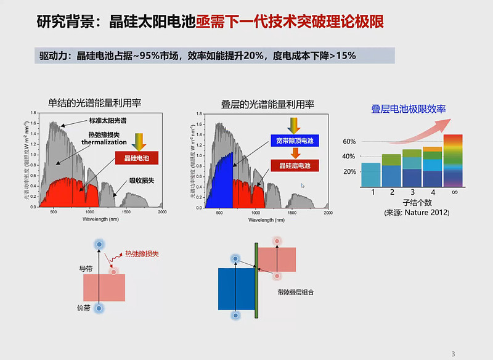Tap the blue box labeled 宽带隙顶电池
pos(293,141)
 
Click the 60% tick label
pos(349,142)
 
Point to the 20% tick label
pos(349,171)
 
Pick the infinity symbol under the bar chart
pos(453,193)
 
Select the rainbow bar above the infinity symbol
pos(453,160)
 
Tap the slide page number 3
pos(453,353)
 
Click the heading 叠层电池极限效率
pos(408,109)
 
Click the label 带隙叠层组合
pos(295,292)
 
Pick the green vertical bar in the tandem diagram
pos(256,280)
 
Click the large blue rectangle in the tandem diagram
pos(236,288)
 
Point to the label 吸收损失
pos(142,181)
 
